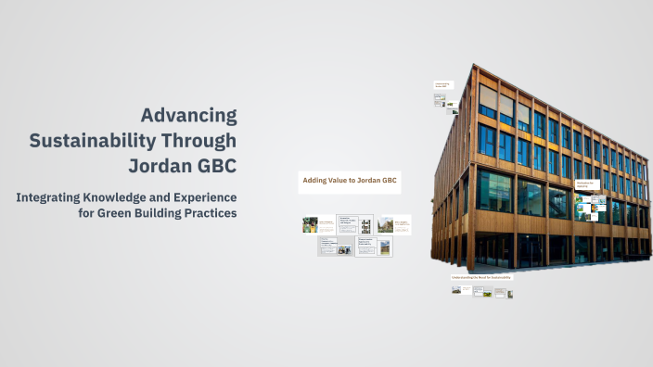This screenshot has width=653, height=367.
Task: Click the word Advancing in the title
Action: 188,116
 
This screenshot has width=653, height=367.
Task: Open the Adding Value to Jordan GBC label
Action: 349,182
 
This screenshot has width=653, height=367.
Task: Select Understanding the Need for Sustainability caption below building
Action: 480,277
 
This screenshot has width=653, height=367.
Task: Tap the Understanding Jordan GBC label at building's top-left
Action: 442,84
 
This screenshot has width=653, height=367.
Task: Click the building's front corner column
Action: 473,167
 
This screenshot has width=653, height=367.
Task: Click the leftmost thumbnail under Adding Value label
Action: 310,224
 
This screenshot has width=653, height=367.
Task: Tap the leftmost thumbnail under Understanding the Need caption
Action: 457,290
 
